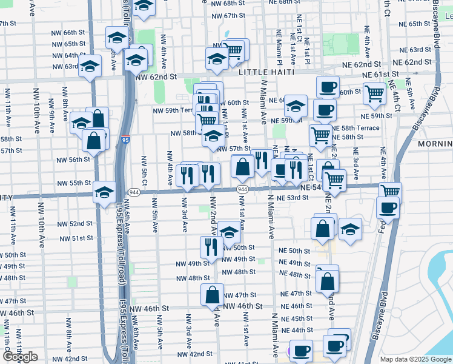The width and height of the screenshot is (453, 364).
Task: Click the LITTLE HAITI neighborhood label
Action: [x=266, y=72]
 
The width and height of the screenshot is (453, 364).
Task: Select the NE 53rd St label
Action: [x=293, y=198]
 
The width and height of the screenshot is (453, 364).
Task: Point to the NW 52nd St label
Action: [x=77, y=223]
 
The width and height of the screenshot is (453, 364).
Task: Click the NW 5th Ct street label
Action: [x=145, y=170]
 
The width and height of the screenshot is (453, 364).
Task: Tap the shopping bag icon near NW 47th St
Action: [x=213, y=295]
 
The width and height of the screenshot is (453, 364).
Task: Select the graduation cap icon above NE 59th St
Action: [x=296, y=106]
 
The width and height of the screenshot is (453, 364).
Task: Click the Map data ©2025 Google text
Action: [x=414, y=359]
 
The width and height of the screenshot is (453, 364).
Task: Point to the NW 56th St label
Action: [x=73, y=160]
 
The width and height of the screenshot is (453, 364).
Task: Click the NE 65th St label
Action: [x=411, y=24]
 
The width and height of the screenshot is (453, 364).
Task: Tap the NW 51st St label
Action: [x=78, y=238]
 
